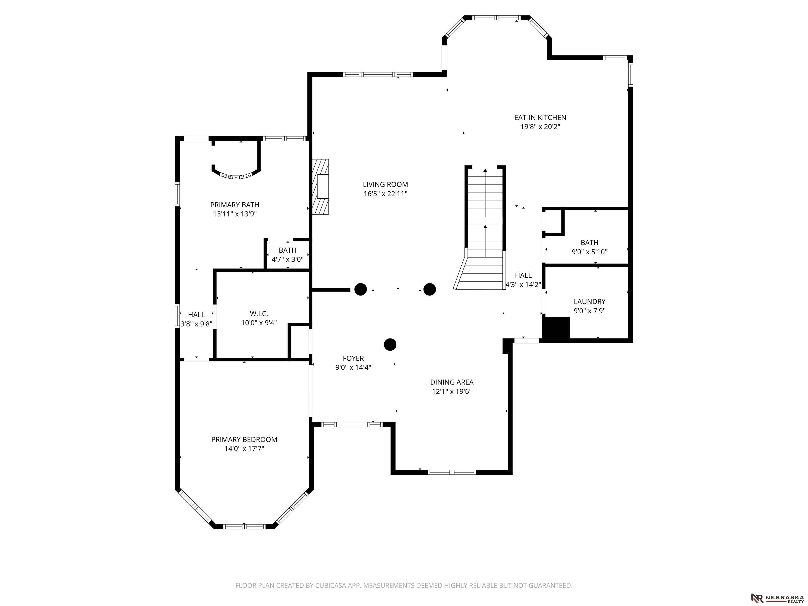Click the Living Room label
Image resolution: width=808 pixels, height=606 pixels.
pyautogui.click(x=385, y=184)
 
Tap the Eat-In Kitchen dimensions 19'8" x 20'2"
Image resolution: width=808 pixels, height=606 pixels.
pyautogui.click(x=540, y=127)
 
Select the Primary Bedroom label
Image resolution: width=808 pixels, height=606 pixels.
pyautogui.click(x=244, y=440)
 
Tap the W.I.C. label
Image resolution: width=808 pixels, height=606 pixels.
pyautogui.click(x=259, y=314)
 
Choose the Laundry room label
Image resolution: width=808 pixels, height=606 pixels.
pyautogui.click(x=590, y=301)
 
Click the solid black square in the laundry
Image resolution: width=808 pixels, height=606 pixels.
pyautogui.click(x=556, y=328)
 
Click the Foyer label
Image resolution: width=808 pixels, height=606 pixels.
pyautogui.click(x=353, y=358)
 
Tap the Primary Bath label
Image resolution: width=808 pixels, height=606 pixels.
pyautogui.click(x=235, y=205)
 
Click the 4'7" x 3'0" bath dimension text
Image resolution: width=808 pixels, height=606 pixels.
pyautogui.click(x=287, y=259)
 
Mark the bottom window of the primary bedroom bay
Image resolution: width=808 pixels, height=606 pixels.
pyautogui.click(x=244, y=526)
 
